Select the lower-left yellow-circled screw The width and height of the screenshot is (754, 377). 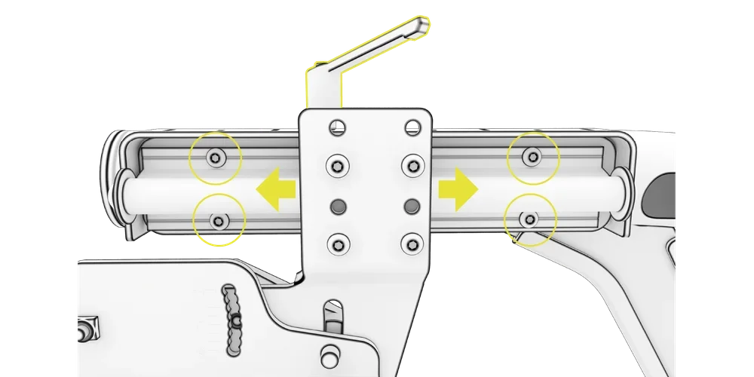tap(219, 220)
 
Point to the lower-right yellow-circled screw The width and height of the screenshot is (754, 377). tap(530, 219)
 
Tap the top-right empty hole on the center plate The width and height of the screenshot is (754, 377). tap(412, 127)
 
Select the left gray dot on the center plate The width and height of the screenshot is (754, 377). tap(338, 205)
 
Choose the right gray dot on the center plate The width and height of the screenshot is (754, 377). tap(412, 205)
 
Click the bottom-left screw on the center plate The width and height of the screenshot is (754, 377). tap(338, 244)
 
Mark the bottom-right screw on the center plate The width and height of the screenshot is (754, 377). tap(412, 243)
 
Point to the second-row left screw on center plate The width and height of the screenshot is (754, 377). tap(338, 164)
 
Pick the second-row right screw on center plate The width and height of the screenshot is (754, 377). tap(412, 164)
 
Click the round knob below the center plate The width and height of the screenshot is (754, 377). tap(329, 354)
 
